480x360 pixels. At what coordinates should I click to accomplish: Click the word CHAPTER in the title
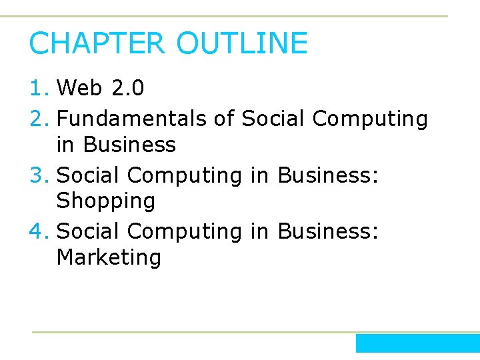coord(97,43)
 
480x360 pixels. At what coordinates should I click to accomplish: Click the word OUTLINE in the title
coord(242,43)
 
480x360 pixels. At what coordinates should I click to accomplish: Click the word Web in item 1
coord(79,88)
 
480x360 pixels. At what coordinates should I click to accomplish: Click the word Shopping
coord(106,201)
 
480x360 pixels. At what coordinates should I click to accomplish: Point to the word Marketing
coord(109,257)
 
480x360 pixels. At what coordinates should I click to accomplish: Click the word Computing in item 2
coord(369,119)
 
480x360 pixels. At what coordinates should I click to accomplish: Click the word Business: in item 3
coord(328,175)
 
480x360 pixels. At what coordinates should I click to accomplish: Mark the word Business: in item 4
coord(328,232)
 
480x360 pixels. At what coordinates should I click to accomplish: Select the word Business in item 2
coord(129,145)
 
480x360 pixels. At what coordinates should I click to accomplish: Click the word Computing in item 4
coord(185,232)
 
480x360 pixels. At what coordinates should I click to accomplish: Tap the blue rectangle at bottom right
coord(417,343)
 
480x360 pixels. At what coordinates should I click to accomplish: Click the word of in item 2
coord(224,119)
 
